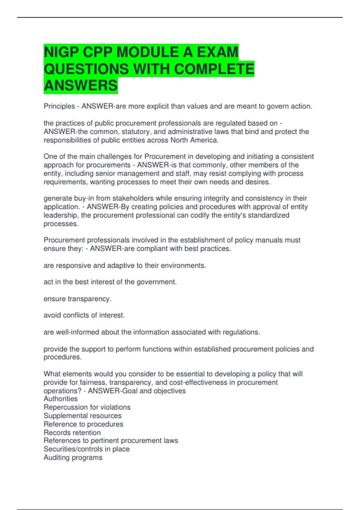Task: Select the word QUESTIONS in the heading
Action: [x=86, y=69]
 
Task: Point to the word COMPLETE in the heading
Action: [x=214, y=69]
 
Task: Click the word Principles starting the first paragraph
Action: [x=59, y=106]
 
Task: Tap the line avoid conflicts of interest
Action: [x=84, y=315]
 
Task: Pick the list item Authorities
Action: [x=61, y=399]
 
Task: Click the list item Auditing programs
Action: [x=73, y=457]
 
